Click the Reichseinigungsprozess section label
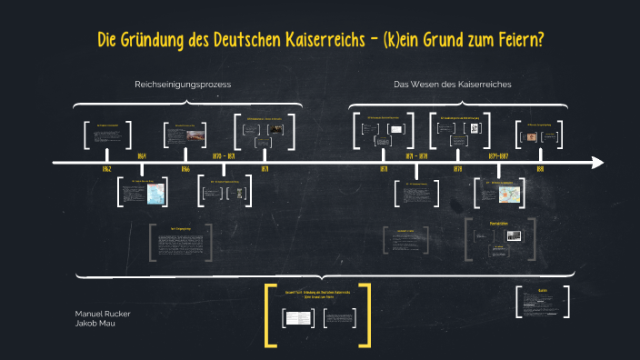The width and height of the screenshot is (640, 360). click(x=183, y=85)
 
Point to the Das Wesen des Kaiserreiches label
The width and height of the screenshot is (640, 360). click(x=452, y=85)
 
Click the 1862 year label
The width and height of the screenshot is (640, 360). click(x=107, y=170)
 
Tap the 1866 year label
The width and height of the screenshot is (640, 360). click(x=185, y=170)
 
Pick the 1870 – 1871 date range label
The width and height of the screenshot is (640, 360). click(x=224, y=156)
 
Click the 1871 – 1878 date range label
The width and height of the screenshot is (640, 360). click(x=417, y=156)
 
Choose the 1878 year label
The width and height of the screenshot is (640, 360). click(x=457, y=170)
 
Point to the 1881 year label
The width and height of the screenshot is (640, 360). click(x=539, y=170)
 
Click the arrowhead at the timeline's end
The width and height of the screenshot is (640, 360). click(x=597, y=163)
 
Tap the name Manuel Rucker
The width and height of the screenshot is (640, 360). click(x=103, y=314)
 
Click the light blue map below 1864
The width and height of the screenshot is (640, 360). click(x=155, y=193)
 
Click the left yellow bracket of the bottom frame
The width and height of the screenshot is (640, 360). click(x=269, y=315)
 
